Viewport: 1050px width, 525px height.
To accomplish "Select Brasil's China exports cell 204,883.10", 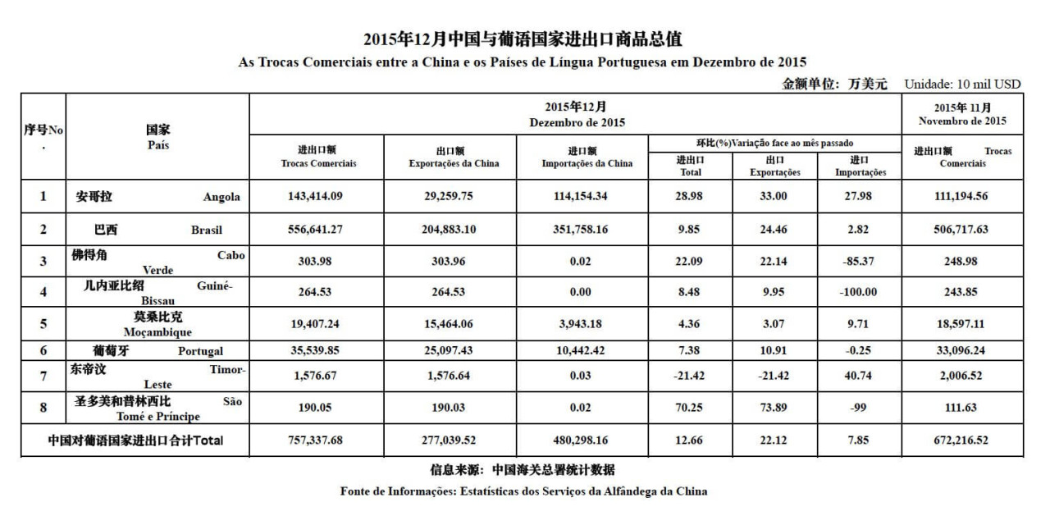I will (453, 230).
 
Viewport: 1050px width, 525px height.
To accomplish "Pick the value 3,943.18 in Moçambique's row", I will (587, 324).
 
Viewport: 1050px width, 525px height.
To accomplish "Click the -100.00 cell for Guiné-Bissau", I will (860, 291).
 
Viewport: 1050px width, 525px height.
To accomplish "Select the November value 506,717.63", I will (963, 230).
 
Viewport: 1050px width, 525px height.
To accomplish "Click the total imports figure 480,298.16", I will (587, 441).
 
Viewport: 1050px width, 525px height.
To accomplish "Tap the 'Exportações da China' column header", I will (453, 163).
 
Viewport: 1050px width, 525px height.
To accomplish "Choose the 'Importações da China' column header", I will (587, 163).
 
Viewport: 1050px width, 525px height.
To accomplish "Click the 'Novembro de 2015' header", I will (963, 121).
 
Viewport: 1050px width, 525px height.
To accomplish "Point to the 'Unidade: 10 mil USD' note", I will (962, 84).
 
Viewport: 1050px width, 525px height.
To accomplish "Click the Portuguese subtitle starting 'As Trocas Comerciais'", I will (522, 62).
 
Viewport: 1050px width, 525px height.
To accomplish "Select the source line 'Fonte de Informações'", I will (523, 491).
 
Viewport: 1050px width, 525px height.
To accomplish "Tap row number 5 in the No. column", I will (43, 324).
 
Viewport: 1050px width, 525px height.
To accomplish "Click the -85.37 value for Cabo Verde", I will (860, 262).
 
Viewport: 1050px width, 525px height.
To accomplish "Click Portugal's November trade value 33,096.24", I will (963, 351).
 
